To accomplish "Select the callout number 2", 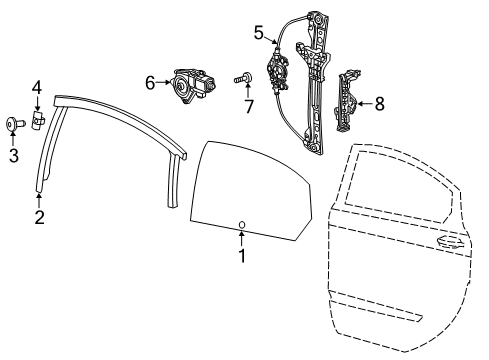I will (38, 216).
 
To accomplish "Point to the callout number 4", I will (35, 88).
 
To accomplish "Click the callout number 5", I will (258, 33).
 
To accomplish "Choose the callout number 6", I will (151, 83).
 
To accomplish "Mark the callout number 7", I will (249, 107).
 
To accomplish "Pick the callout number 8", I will (379, 102).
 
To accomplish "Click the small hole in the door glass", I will (242, 223).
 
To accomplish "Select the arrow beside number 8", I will (365, 102).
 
